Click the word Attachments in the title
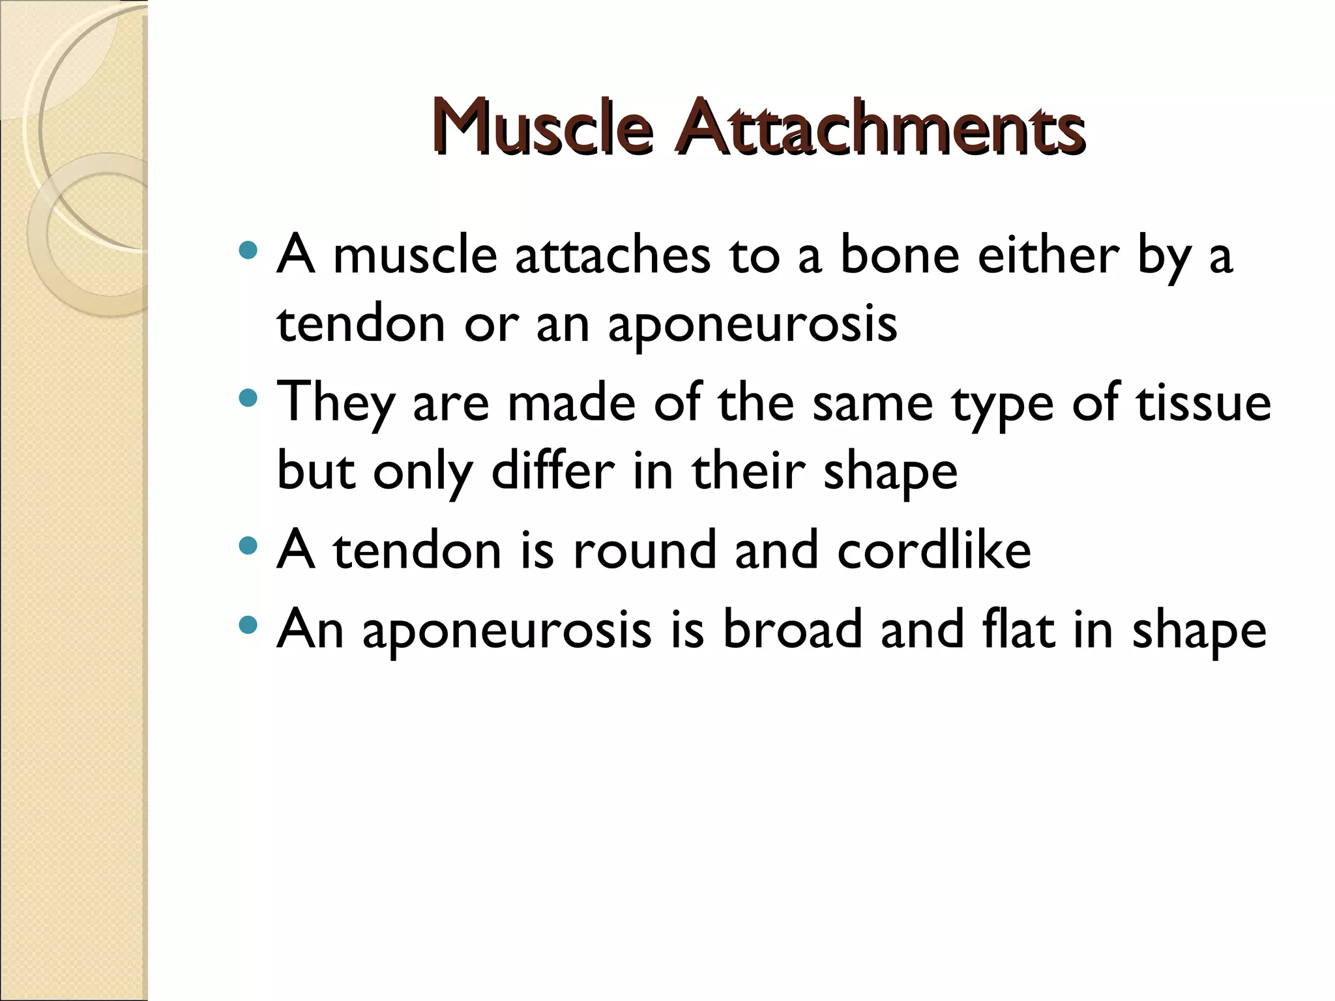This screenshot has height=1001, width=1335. [879, 126]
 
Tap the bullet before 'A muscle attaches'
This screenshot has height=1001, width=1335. [248, 250]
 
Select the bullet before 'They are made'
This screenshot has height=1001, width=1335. [248, 398]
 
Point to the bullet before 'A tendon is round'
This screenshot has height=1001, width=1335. [248, 545]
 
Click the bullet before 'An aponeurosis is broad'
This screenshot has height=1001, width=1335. [248, 626]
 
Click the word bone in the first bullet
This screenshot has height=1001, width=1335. [899, 255]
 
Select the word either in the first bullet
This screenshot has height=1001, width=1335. [1048, 255]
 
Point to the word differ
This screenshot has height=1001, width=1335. [553, 471]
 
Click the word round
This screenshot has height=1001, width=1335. [645, 550]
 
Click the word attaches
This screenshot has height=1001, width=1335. [612, 255]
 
